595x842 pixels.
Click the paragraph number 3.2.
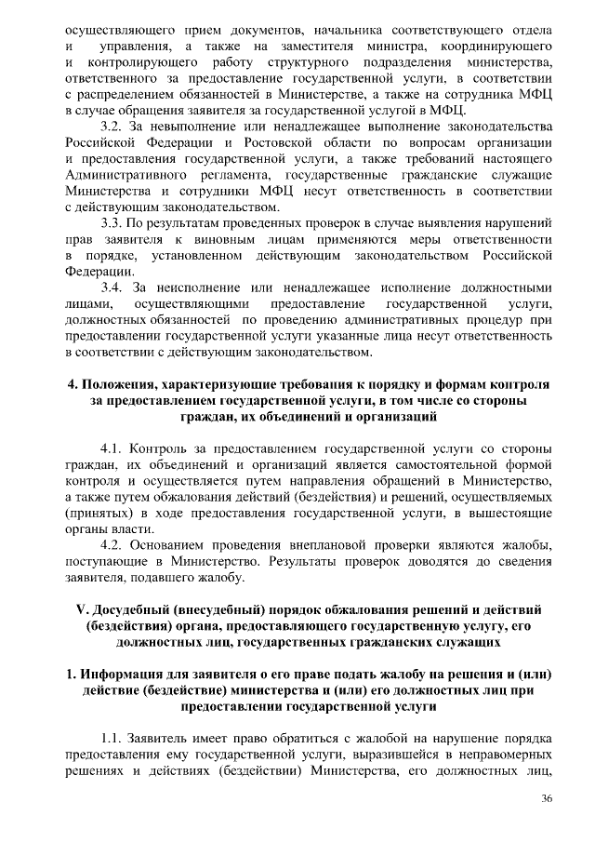click(x=112, y=126)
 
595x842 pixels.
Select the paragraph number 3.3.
click(x=112, y=222)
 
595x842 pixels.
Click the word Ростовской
click(x=289, y=142)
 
